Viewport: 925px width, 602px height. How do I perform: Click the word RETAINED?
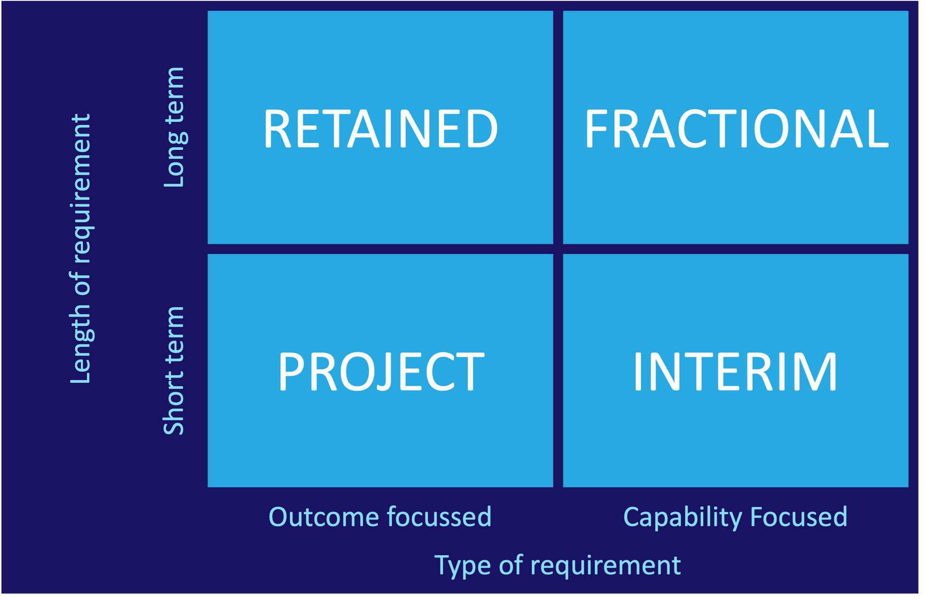(381, 129)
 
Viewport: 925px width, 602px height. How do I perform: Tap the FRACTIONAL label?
(736, 129)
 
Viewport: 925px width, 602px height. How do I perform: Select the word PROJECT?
(381, 372)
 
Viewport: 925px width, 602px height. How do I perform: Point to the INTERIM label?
(735, 372)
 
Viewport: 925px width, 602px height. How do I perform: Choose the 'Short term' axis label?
(174, 371)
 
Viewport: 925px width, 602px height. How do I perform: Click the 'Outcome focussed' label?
(380, 517)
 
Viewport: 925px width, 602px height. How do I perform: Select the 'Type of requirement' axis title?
(558, 566)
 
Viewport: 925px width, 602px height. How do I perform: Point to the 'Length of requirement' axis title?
(82, 249)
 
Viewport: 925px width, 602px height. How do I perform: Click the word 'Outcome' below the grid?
(324, 517)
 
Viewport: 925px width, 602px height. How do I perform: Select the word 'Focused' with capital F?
(799, 517)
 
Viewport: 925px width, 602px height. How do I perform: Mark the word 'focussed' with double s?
(439, 517)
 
